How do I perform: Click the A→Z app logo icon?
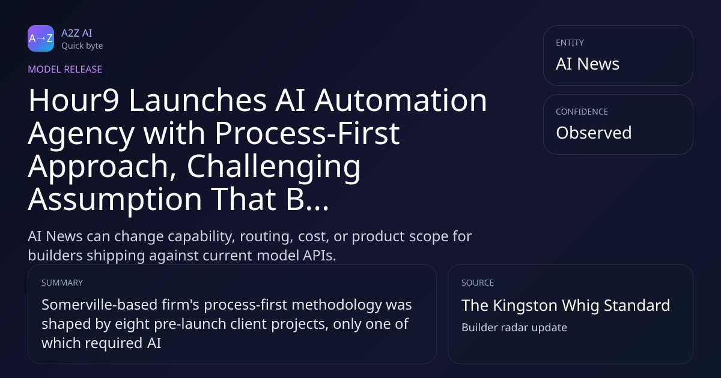[x=41, y=38]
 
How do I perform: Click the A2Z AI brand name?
[x=77, y=33]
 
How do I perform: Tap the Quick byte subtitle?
[x=82, y=46]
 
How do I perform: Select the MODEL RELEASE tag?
[x=65, y=69]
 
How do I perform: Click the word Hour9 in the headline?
[x=74, y=100]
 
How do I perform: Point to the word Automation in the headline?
[x=400, y=100]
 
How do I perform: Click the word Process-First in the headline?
[x=307, y=133]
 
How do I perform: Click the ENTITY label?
[x=570, y=43]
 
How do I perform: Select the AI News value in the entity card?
[x=588, y=64]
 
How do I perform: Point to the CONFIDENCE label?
[x=582, y=112]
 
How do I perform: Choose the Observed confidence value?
[x=594, y=133]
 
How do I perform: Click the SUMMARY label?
[x=62, y=283]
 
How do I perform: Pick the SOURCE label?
[x=477, y=283]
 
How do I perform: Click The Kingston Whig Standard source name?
[x=565, y=305]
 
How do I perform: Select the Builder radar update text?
[x=514, y=328]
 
